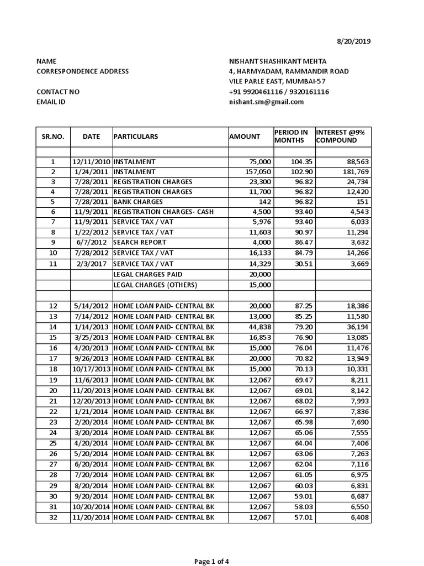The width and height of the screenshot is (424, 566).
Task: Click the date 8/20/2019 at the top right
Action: [x=354, y=41]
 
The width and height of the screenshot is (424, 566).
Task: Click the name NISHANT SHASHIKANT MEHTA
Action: [x=278, y=61]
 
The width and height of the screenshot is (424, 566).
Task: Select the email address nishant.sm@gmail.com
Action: [x=267, y=102]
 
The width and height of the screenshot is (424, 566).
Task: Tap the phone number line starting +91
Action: [x=279, y=92]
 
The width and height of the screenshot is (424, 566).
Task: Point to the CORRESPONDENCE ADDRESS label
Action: [x=82, y=71]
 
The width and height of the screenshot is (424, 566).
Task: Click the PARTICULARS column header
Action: [x=136, y=137]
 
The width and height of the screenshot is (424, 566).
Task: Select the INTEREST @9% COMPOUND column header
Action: [x=336, y=137]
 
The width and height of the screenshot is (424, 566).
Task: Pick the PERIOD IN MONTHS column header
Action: [x=291, y=137]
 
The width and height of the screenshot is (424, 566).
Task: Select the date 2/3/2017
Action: [x=91, y=264]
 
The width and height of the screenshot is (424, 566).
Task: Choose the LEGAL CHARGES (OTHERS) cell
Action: [x=155, y=285]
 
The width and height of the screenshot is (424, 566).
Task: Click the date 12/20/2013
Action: [x=91, y=401]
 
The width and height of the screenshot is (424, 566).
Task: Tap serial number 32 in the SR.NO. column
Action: [x=53, y=517]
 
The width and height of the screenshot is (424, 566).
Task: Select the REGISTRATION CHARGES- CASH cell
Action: [x=163, y=212]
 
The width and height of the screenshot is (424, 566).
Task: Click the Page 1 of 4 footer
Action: [x=212, y=562]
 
